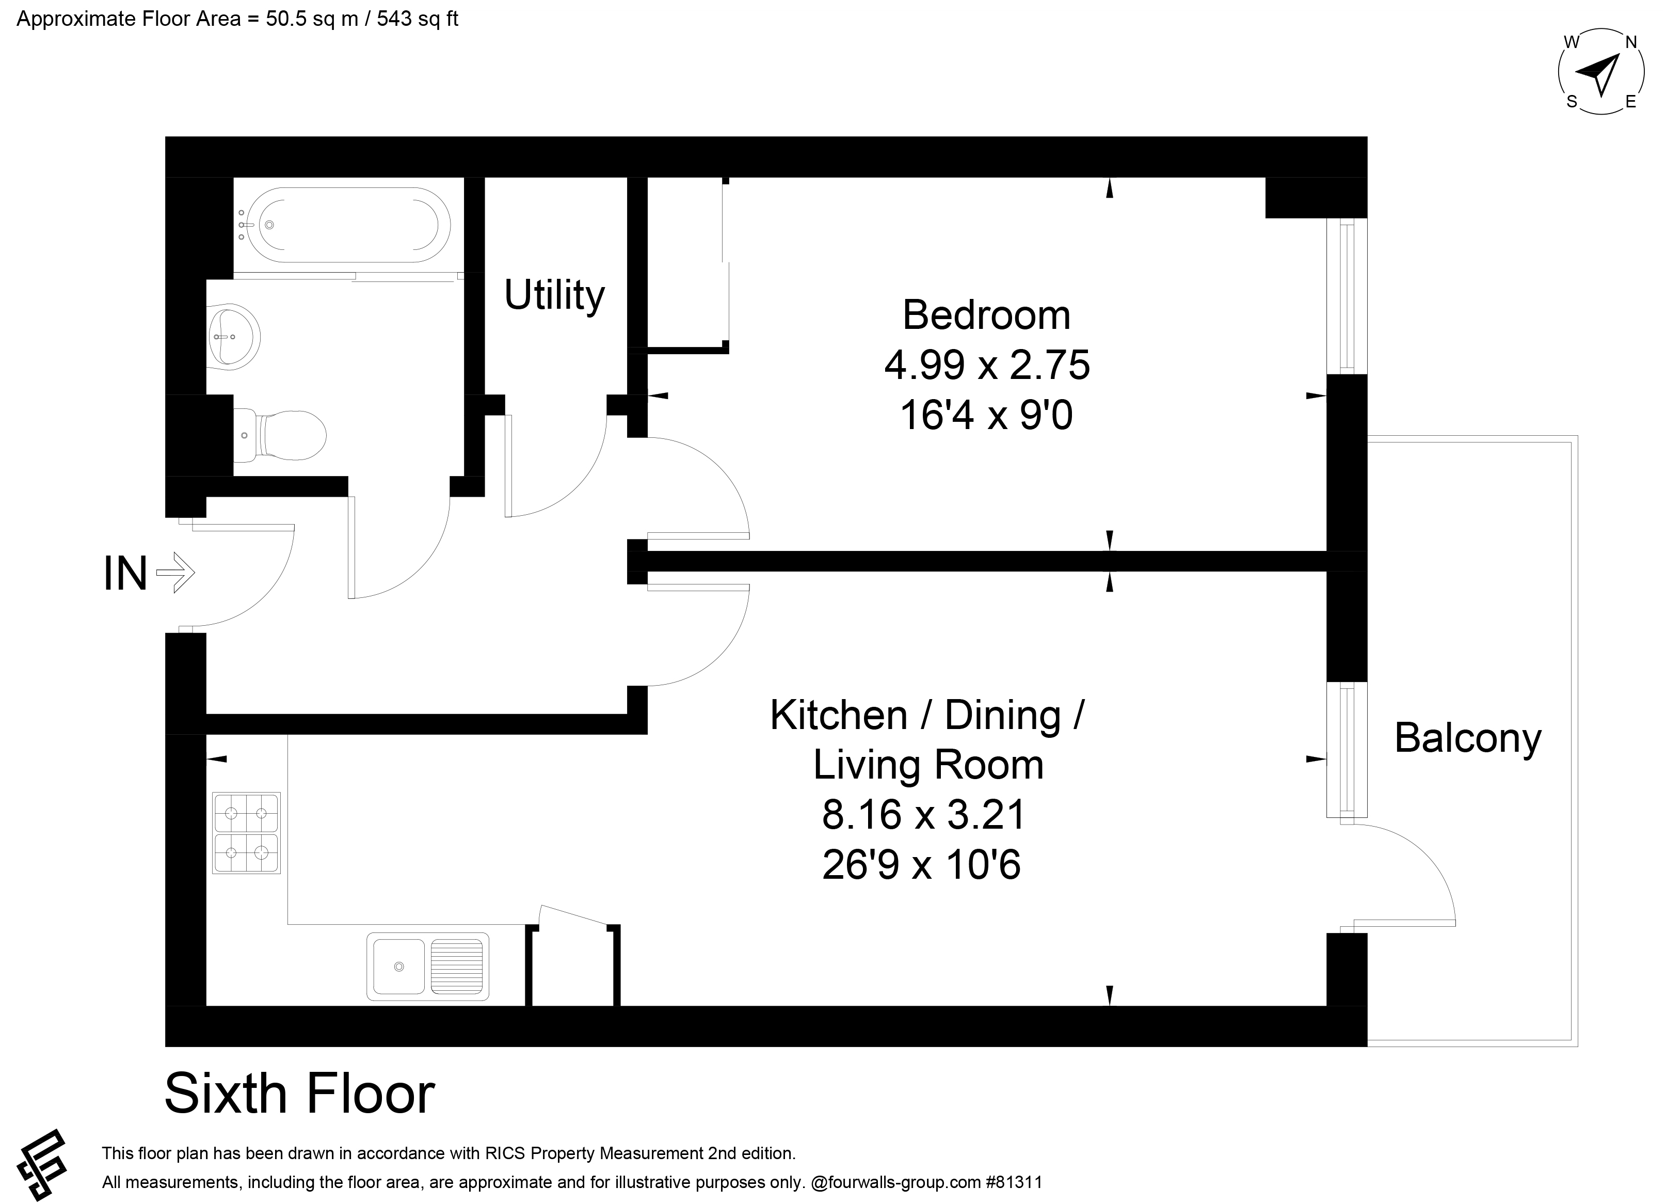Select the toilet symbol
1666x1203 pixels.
pos(280,435)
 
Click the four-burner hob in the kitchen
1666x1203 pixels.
pos(246,833)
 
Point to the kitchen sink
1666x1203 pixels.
pos(427,967)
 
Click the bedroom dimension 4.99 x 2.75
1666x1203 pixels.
pos(986,365)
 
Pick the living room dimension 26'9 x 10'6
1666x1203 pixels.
pos(921,864)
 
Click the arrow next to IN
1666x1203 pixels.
pos(175,573)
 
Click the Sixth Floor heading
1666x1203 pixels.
pos(300,1094)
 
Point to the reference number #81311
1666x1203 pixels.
pos(1014,1182)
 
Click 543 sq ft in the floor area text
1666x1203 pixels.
pos(417,19)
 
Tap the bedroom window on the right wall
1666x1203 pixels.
pos(1347,296)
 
